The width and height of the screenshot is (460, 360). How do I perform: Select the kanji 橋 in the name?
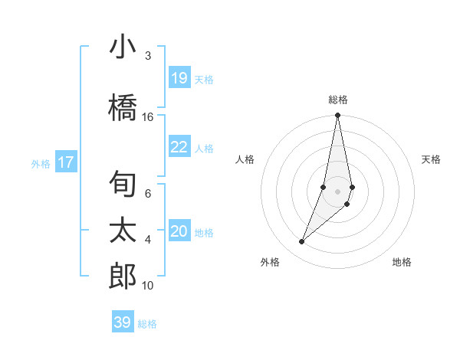[123, 109]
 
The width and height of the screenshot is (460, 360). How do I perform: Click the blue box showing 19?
[179, 78]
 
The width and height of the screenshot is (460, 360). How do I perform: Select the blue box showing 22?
[179, 147]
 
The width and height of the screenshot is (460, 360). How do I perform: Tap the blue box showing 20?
[179, 231]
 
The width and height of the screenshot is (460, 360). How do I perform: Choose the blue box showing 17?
[65, 162]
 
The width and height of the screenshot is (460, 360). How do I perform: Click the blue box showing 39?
[122, 322]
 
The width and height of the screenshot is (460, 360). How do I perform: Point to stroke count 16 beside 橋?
[148, 116]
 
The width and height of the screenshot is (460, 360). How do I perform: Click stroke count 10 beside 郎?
[148, 286]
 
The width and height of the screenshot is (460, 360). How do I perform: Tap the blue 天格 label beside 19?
[203, 79]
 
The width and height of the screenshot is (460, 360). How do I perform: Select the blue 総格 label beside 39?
[147, 323]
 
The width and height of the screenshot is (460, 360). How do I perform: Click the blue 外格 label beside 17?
[40, 163]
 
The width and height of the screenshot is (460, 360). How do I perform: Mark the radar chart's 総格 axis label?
[338, 100]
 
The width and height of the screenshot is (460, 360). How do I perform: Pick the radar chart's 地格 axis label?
[402, 262]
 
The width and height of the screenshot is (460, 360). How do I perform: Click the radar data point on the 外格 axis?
[302, 241]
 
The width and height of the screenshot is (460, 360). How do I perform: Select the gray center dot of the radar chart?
[338, 191]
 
